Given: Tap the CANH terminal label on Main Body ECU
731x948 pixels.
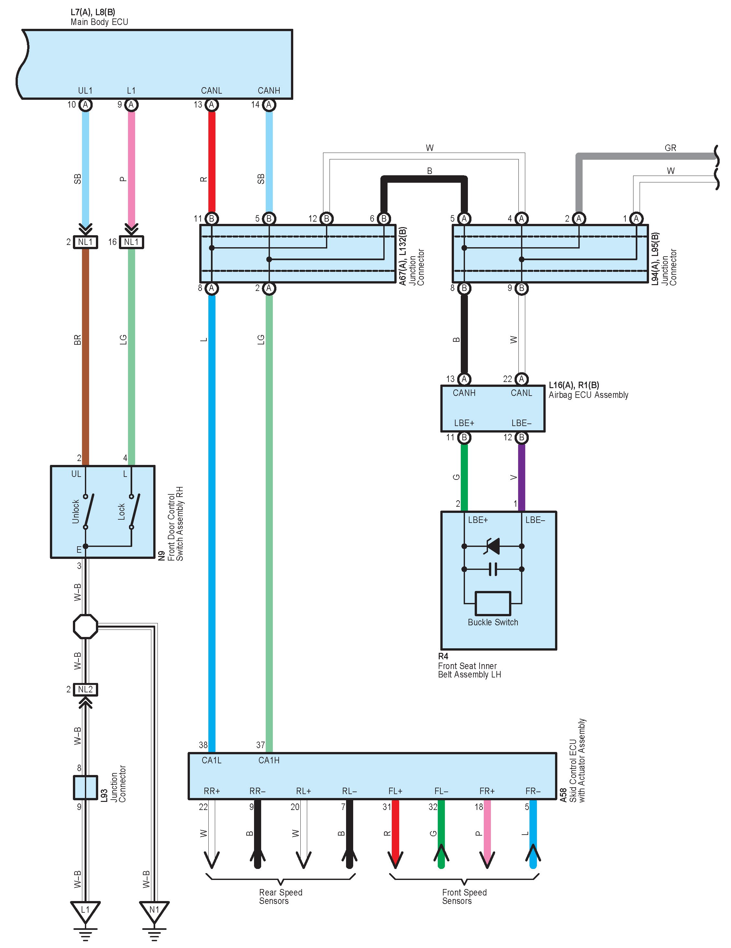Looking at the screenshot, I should click(269, 90).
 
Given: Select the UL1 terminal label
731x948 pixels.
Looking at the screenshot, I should click(85, 90).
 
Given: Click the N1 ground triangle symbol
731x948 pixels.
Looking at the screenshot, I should click(154, 911).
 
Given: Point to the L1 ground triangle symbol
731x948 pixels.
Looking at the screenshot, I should click(86, 911).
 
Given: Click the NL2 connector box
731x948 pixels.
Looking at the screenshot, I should click(86, 689).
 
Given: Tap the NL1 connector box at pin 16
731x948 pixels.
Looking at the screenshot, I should click(131, 242).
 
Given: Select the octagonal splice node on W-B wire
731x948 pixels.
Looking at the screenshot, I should click(86, 626).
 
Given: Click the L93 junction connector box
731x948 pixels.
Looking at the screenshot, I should click(86, 787).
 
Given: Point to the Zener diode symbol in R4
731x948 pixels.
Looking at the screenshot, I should click(493, 546).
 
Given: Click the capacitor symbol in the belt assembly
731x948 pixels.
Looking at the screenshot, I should click(493, 569).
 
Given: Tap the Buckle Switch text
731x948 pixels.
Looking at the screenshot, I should click(493, 622).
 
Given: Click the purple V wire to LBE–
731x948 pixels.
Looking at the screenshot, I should click(522, 478).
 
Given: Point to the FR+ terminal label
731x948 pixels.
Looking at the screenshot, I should click(487, 791).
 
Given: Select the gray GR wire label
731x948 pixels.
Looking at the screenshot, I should click(670, 148).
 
